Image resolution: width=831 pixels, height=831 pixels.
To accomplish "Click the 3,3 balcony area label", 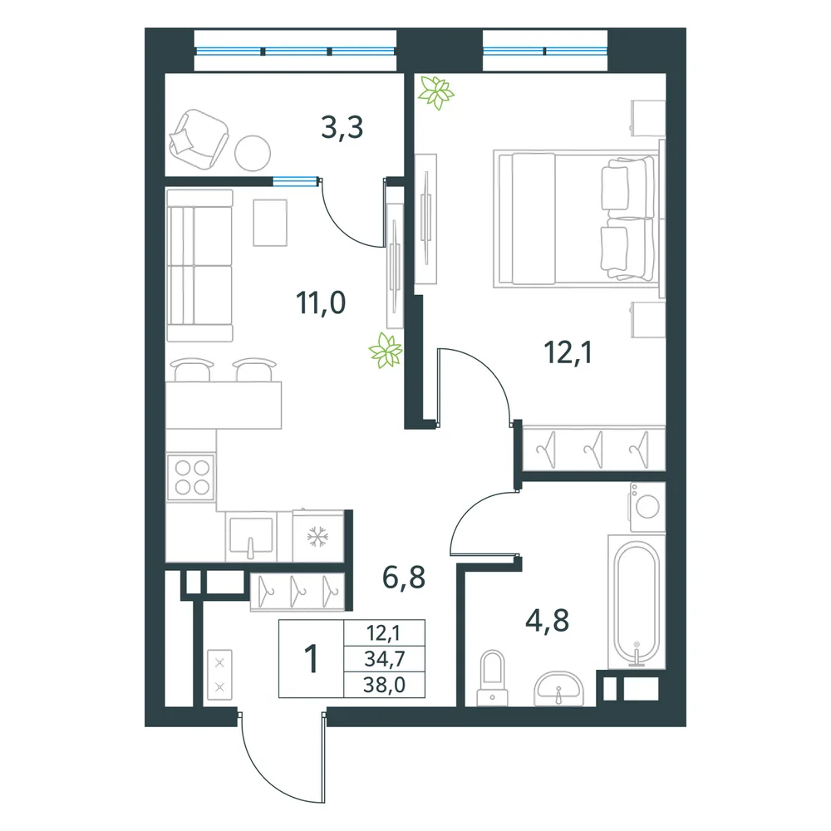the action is coord(342,128).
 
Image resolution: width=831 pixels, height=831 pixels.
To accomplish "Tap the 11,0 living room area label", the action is coord(321,302).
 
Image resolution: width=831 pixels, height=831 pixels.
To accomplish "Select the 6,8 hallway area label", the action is coord(404,578).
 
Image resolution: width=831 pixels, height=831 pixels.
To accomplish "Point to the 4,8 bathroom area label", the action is coord(547,621).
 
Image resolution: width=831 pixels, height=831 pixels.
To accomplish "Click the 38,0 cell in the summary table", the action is coord(384,685).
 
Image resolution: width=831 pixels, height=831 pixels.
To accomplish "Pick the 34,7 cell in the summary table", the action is coord(384,659).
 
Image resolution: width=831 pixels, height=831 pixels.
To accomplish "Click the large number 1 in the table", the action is coord(312,658).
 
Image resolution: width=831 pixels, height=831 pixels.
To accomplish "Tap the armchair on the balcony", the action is coord(198,138).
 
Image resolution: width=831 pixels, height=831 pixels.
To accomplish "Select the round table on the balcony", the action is coord(253,153).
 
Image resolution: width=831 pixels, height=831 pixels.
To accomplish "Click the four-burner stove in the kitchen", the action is coord(191,477).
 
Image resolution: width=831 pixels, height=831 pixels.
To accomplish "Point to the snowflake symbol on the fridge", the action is coord(318,537).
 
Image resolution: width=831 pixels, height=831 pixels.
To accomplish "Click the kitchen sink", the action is coord(251,536).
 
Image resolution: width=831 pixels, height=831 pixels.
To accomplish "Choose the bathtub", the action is coord(637,602).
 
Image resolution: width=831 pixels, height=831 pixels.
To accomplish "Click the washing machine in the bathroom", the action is coord(647,507).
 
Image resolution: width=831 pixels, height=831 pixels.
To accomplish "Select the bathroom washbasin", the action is coord(558,688).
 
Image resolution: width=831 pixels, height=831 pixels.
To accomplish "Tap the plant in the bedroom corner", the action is coord(435,93).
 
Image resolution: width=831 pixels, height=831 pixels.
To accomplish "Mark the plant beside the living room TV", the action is coord(386,350).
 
